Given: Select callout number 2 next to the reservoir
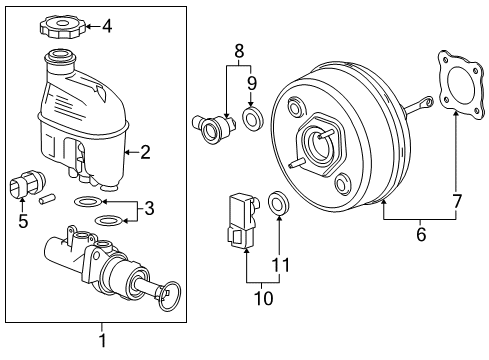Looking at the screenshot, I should (146, 152).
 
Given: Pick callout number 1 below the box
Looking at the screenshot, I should (101, 342).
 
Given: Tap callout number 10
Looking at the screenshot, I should (262, 296).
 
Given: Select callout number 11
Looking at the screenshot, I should (280, 265).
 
